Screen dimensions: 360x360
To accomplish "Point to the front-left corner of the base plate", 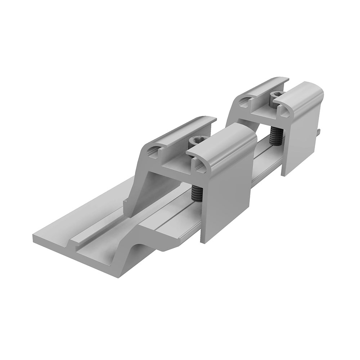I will [x=34, y=238].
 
